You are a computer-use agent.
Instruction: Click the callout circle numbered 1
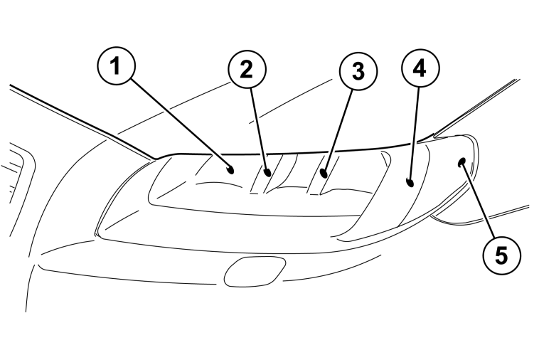click(x=116, y=65)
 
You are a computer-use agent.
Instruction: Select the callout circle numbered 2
click(x=247, y=70)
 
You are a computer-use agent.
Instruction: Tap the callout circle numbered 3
click(x=358, y=71)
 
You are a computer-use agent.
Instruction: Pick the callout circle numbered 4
click(x=420, y=68)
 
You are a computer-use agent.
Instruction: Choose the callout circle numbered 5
click(x=501, y=255)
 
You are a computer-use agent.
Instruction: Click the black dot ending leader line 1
click(x=230, y=169)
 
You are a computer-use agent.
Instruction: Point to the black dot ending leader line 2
click(x=267, y=173)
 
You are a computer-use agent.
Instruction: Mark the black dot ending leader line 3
click(x=323, y=173)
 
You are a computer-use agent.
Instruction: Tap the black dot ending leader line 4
click(x=410, y=182)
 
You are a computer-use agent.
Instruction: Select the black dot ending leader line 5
click(x=462, y=162)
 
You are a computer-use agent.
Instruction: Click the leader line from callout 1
click(x=180, y=123)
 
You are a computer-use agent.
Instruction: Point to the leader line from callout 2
click(x=259, y=130)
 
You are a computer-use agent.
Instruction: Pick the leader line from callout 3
click(x=338, y=131)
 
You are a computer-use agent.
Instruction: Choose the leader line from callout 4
click(x=414, y=134)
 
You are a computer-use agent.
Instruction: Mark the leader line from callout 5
click(x=479, y=200)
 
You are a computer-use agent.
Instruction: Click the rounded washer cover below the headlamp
click(x=255, y=271)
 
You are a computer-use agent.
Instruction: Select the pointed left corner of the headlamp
click(x=97, y=234)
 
